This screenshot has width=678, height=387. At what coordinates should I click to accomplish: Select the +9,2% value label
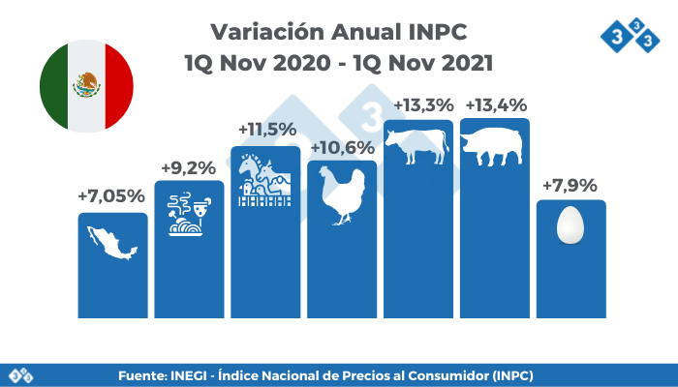pos(189,166)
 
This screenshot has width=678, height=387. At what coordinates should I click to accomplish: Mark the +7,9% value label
pos(570,185)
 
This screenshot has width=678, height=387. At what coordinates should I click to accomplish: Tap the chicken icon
pos(343,196)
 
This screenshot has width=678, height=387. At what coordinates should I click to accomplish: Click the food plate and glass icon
pos(189,214)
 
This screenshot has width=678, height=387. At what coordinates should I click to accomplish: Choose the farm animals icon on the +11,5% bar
pos(264,180)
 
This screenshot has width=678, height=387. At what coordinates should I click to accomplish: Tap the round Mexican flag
pos(87,86)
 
